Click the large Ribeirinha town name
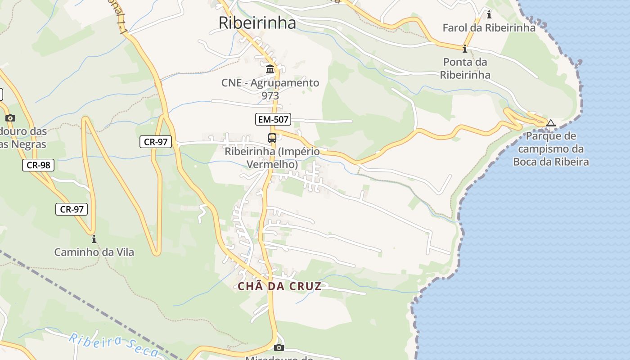pos(257,22)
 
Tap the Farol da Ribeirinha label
pos(489,28)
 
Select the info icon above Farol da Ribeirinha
pos(489,14)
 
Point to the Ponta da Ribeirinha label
pos(465,68)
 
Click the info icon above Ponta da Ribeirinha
pos(464,48)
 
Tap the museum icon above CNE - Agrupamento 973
pos(270,69)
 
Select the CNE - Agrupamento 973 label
pos(270,89)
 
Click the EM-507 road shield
pos(273,119)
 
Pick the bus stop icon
pos(272,138)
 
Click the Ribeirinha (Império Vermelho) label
pos(272,158)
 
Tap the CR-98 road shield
pos(38,165)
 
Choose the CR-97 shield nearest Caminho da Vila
pos(72,209)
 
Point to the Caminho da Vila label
pos(94,252)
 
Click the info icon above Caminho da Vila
pos(94,238)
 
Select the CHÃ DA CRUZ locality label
pos(279,287)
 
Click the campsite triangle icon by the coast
pos(550,123)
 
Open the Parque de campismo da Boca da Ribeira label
pos(550,149)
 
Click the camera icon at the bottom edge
pos(279,347)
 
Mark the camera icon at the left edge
pos(10,118)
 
